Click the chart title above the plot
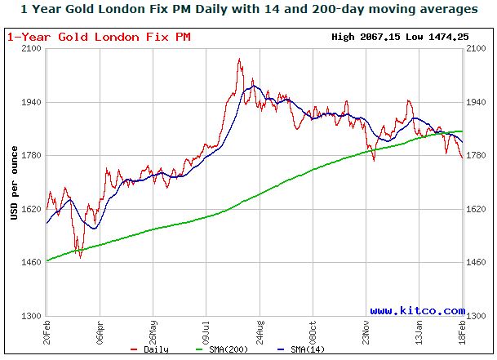(x=249, y=10)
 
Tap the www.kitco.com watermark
(x=416, y=310)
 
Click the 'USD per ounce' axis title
(x=14, y=182)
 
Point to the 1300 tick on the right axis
(x=477, y=316)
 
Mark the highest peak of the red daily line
(x=238, y=59)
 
